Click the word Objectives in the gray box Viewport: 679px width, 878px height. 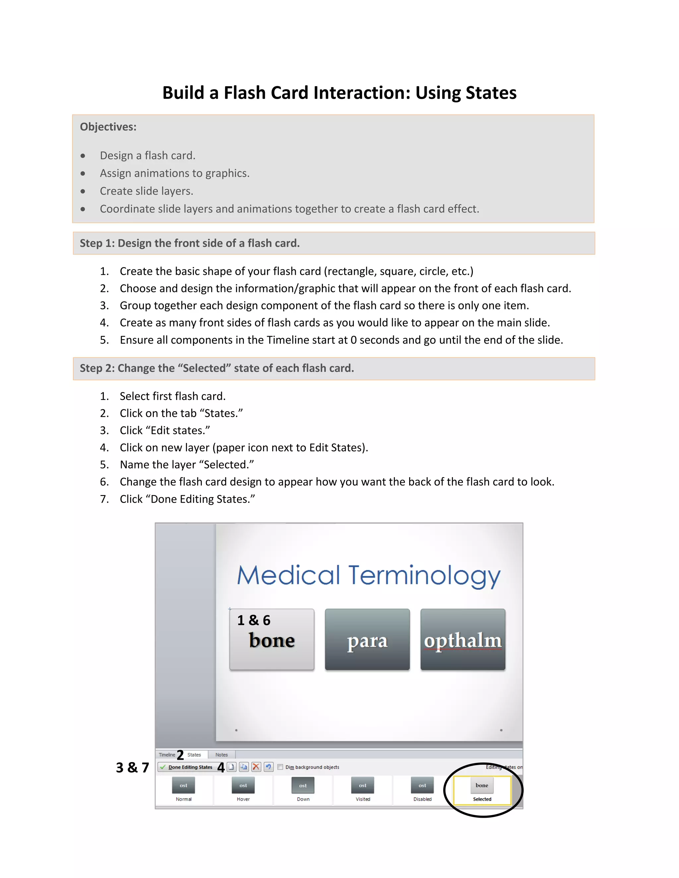coord(108,127)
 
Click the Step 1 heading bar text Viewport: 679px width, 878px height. coord(189,243)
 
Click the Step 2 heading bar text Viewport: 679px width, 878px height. coord(216,368)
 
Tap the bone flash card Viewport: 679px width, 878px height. coord(272,639)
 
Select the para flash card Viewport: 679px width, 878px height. coord(367,639)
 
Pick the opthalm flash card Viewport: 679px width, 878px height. coord(463,639)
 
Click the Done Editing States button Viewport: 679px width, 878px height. coord(187,767)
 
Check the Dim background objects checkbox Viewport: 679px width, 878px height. coord(280,767)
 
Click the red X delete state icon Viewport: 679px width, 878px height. coord(256,767)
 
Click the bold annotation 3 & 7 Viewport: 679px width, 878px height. coord(132,768)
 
